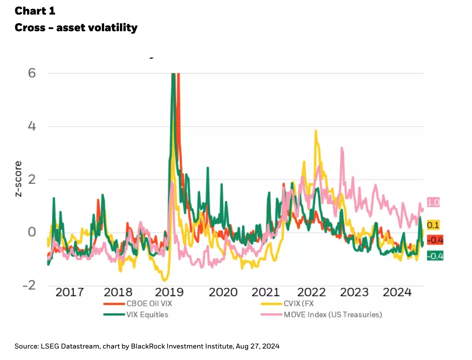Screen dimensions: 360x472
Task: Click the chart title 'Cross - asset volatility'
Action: [x=76, y=28]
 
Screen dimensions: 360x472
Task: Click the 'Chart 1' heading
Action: [x=35, y=11]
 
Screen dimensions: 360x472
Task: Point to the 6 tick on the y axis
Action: [x=32, y=73]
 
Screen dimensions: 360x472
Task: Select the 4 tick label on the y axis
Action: [x=32, y=126]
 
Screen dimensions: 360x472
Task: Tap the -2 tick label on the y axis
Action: [x=29, y=285]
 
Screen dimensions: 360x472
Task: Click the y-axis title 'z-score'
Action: [x=18, y=179]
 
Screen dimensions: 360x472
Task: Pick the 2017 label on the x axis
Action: [x=70, y=292]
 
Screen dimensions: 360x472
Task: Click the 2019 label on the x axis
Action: [x=169, y=292]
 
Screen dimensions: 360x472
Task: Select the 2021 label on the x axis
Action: [x=265, y=292]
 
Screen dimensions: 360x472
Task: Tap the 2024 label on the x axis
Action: [x=397, y=292]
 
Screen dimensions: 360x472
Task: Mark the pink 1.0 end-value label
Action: [x=433, y=203]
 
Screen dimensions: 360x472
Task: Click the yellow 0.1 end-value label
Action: [x=433, y=225]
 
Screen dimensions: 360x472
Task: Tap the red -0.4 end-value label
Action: [x=435, y=240]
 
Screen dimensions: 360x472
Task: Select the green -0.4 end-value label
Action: [x=435, y=256]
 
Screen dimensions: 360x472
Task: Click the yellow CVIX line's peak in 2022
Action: [x=315, y=131]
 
